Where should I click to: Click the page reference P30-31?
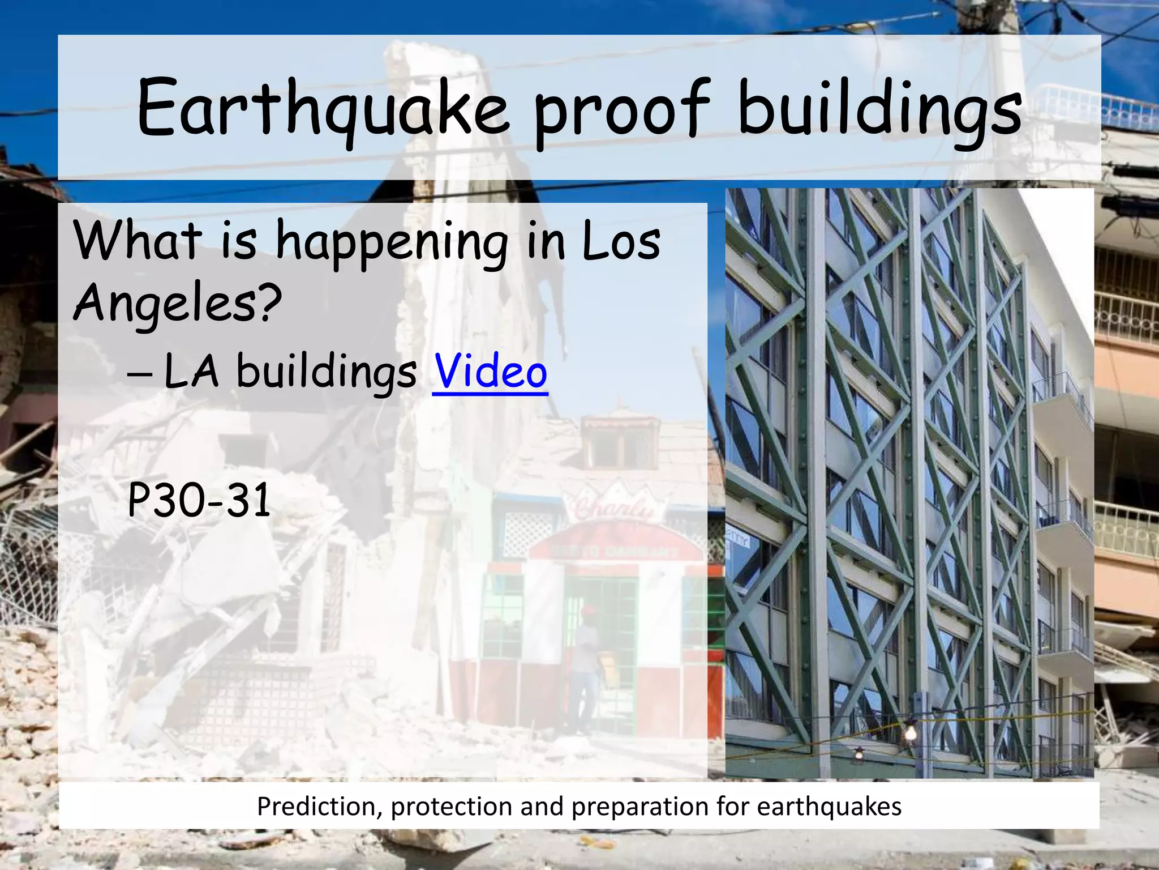click(x=199, y=501)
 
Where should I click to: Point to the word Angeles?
click(x=177, y=303)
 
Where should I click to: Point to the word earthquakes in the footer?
click(x=829, y=806)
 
